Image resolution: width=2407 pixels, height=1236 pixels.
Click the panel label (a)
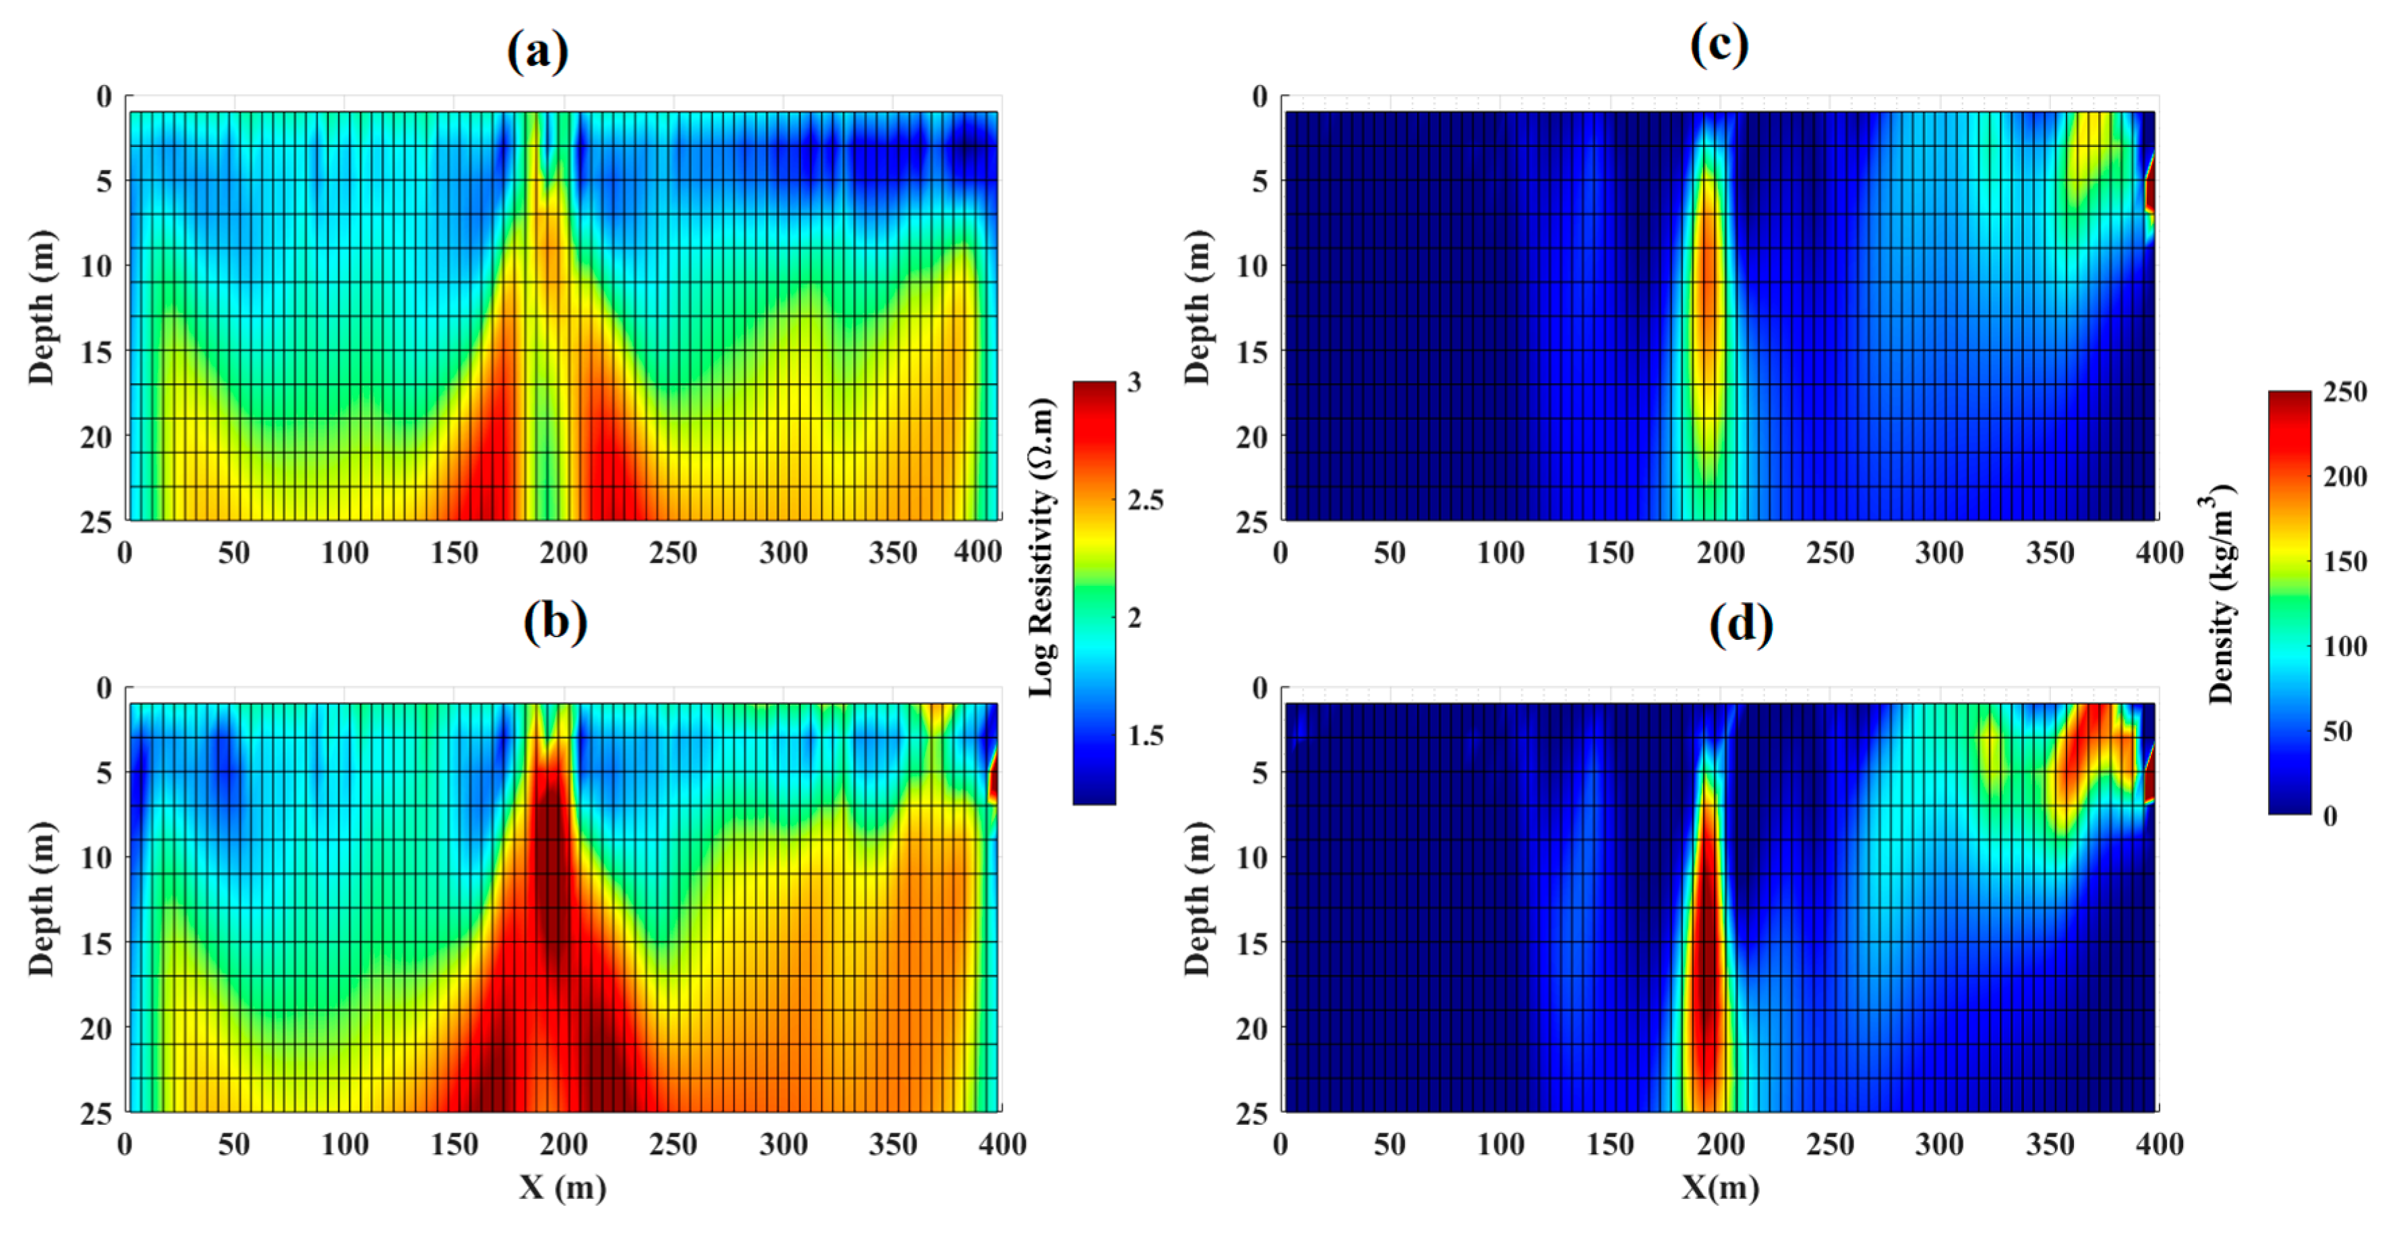(537, 51)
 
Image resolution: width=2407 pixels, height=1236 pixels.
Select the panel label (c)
(1719, 45)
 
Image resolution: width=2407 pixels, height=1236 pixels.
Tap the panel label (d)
(1741, 624)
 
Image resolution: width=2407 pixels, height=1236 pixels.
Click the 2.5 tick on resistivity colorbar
(1145, 500)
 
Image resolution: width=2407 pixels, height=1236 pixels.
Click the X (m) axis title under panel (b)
(562, 1187)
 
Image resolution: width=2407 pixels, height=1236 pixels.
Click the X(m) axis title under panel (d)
(1720, 1187)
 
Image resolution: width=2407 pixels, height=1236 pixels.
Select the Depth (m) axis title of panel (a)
(41, 307)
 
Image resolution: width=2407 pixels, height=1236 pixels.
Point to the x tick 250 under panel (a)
(673, 553)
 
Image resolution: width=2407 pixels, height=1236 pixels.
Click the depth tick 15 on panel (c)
(1252, 352)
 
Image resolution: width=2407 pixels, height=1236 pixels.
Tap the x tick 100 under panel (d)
(1499, 1144)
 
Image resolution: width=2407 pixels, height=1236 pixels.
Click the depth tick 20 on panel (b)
(96, 1028)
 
